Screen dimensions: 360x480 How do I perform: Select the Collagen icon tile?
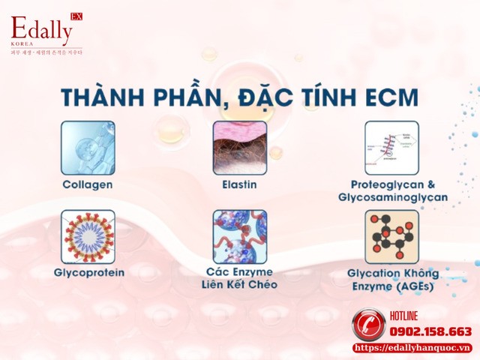(88, 148)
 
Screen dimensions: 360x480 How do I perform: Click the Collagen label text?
(88, 183)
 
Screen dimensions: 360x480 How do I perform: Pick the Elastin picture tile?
(240, 148)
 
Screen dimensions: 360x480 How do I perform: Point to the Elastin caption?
(240, 183)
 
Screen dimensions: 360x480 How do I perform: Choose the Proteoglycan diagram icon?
(391, 148)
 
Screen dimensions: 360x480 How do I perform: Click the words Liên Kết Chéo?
(240, 284)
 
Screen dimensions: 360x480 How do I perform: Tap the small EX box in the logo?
(76, 16)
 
